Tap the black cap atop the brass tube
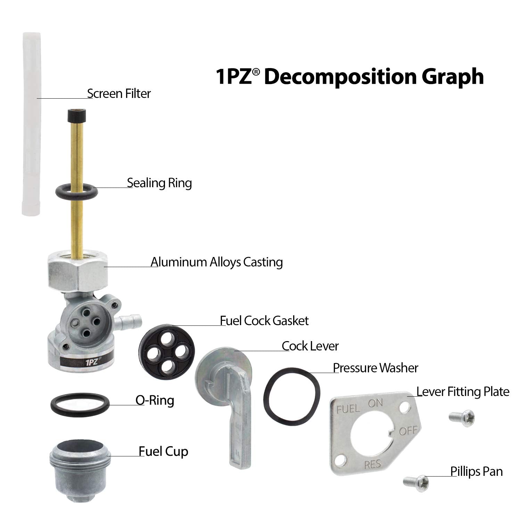click(76, 115)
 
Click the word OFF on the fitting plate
click(408, 431)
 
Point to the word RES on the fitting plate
click(373, 464)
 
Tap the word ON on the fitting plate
click(375, 403)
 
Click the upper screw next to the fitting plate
click(461, 416)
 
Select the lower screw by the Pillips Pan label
click(416, 482)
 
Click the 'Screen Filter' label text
click(119, 94)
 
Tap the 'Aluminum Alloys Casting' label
click(217, 262)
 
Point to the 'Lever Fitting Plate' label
click(463, 392)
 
